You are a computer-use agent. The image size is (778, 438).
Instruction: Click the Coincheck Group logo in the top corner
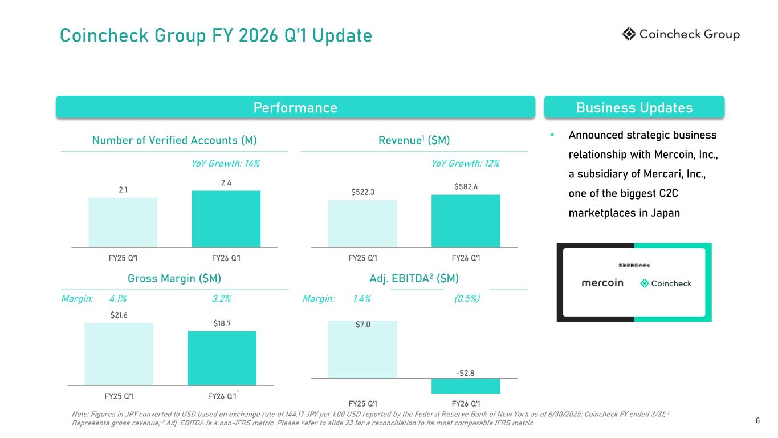(681, 35)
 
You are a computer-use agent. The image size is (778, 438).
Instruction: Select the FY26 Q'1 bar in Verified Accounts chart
(226, 218)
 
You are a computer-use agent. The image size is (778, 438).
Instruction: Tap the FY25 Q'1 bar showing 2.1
(123, 222)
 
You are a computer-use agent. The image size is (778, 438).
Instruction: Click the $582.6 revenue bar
(466, 221)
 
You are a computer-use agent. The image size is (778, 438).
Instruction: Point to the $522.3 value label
(362, 192)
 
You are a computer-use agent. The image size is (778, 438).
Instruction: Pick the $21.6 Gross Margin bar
(119, 354)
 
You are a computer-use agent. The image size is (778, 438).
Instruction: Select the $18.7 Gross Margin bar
(222, 358)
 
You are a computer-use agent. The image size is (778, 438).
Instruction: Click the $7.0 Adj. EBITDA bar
(362, 349)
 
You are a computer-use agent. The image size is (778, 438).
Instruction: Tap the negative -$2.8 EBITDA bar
(466, 386)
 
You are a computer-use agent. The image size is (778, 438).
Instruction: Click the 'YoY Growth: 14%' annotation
(226, 164)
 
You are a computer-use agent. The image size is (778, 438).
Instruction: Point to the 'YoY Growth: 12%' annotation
(466, 164)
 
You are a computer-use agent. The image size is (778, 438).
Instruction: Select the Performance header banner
(295, 107)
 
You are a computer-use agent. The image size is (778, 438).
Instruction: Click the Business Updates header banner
(634, 107)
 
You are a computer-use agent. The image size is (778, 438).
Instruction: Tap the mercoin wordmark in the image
(602, 283)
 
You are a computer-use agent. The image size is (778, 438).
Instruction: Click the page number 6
(757, 421)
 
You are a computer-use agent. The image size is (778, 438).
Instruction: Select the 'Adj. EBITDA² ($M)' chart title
(414, 278)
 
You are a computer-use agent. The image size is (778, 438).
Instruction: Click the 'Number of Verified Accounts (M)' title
(174, 140)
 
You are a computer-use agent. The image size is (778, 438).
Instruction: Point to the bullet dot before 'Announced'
(552, 136)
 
